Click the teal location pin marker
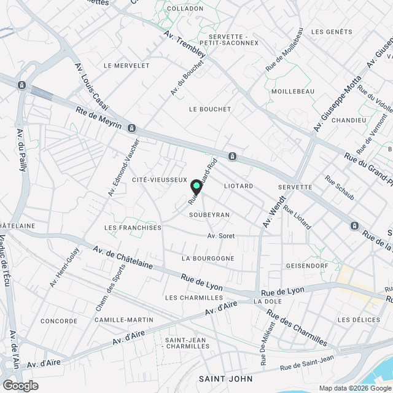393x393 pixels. (196, 187)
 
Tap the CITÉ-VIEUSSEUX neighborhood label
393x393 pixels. (159, 179)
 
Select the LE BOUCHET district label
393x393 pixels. (210, 109)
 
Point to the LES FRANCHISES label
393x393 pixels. (133, 228)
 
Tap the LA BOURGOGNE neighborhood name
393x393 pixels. (208, 259)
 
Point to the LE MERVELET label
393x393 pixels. (127, 65)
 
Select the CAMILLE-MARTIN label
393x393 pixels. (124, 320)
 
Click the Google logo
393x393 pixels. (20, 385)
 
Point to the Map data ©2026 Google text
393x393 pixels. (354, 387)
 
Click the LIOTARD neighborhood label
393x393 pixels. (239, 185)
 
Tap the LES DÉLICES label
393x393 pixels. (359, 320)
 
